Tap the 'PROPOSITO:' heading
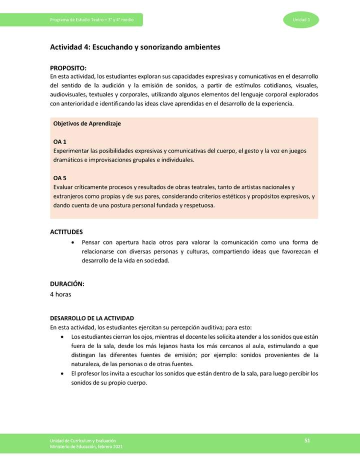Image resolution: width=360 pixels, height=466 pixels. click(x=68, y=68)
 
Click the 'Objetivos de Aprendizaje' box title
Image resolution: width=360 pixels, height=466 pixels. click(x=87, y=123)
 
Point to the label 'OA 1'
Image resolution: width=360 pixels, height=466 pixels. click(x=60, y=142)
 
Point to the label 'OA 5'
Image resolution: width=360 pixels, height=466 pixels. click(x=60, y=178)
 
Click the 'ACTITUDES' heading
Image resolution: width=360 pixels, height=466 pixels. click(x=66, y=232)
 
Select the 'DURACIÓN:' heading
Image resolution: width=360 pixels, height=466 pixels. click(x=67, y=284)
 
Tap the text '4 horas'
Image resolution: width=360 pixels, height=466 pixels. click(x=60, y=294)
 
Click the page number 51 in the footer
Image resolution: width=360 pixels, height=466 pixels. click(x=307, y=440)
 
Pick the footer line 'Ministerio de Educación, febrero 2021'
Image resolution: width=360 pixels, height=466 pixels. click(x=86, y=446)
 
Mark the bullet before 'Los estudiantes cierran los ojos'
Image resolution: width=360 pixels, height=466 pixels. click(x=61, y=337)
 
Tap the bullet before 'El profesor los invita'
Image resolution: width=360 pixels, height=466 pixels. click(x=61, y=373)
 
